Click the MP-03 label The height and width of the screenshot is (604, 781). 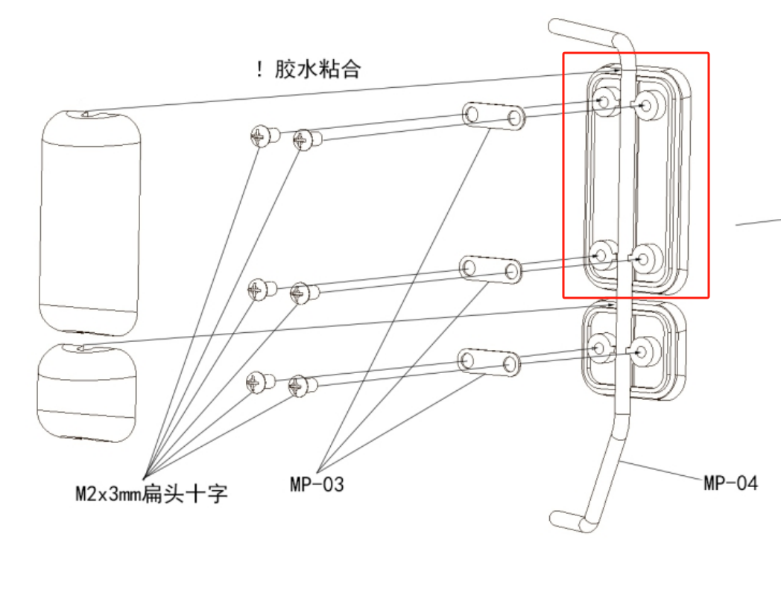317,484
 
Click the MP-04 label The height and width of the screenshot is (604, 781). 730,483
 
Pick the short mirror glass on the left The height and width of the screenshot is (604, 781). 86,392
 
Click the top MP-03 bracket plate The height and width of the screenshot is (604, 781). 493,115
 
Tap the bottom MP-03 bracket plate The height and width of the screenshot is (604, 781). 489,361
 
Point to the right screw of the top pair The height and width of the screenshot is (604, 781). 305,139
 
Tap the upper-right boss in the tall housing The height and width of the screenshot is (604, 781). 647,104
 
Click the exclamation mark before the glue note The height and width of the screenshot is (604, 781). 259,71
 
